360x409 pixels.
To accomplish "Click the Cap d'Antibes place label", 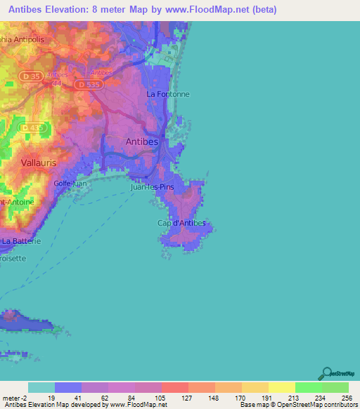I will [181, 223].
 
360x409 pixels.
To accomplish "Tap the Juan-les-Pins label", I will [153, 188].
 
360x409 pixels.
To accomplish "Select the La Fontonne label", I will [168, 93].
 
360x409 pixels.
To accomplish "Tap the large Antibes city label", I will [141, 141].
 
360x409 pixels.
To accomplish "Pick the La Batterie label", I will [20, 241].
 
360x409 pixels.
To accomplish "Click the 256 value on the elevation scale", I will [345, 397].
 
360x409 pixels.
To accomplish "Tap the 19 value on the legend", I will [51, 397].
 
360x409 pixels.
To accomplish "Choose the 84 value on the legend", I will [131, 397].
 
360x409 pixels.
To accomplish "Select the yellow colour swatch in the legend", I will [281, 387].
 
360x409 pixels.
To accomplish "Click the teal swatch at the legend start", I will [41, 387].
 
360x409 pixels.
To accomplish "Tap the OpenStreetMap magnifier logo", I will [327, 372].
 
